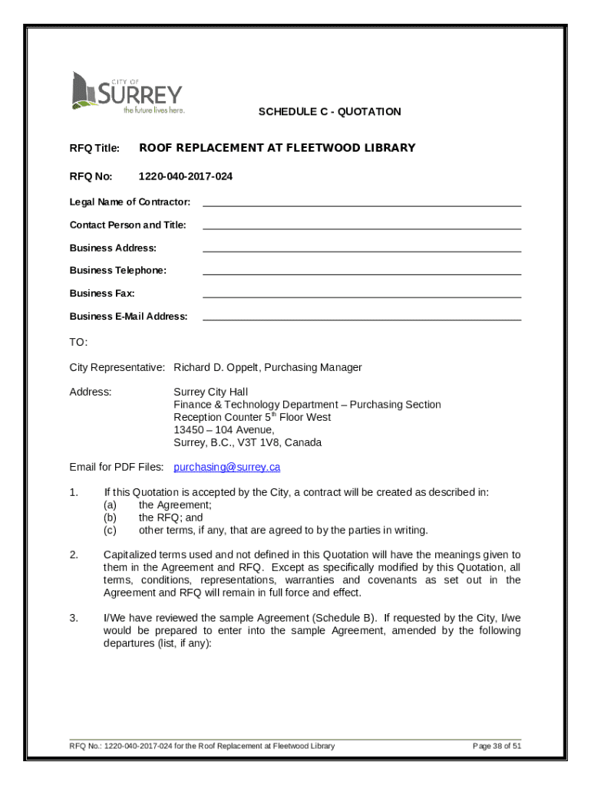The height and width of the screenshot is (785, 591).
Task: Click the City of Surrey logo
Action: click(x=127, y=93)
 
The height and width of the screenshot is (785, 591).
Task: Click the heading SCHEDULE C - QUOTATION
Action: click(x=329, y=112)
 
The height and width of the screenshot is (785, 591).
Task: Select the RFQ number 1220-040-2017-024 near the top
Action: click(x=185, y=176)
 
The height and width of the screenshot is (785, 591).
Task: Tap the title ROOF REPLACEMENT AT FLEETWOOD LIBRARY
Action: click(x=276, y=148)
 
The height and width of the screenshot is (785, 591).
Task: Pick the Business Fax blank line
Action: click(x=362, y=295)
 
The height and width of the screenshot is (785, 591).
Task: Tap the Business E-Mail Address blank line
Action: click(x=362, y=318)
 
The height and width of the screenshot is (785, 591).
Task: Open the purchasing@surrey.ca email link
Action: click(x=226, y=467)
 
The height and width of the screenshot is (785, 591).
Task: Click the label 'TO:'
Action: click(x=78, y=341)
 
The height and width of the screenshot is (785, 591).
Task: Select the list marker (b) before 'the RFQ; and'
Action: click(x=110, y=517)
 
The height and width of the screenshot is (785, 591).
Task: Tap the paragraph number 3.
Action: click(x=74, y=618)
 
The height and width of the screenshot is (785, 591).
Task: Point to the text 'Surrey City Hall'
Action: click(x=210, y=392)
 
